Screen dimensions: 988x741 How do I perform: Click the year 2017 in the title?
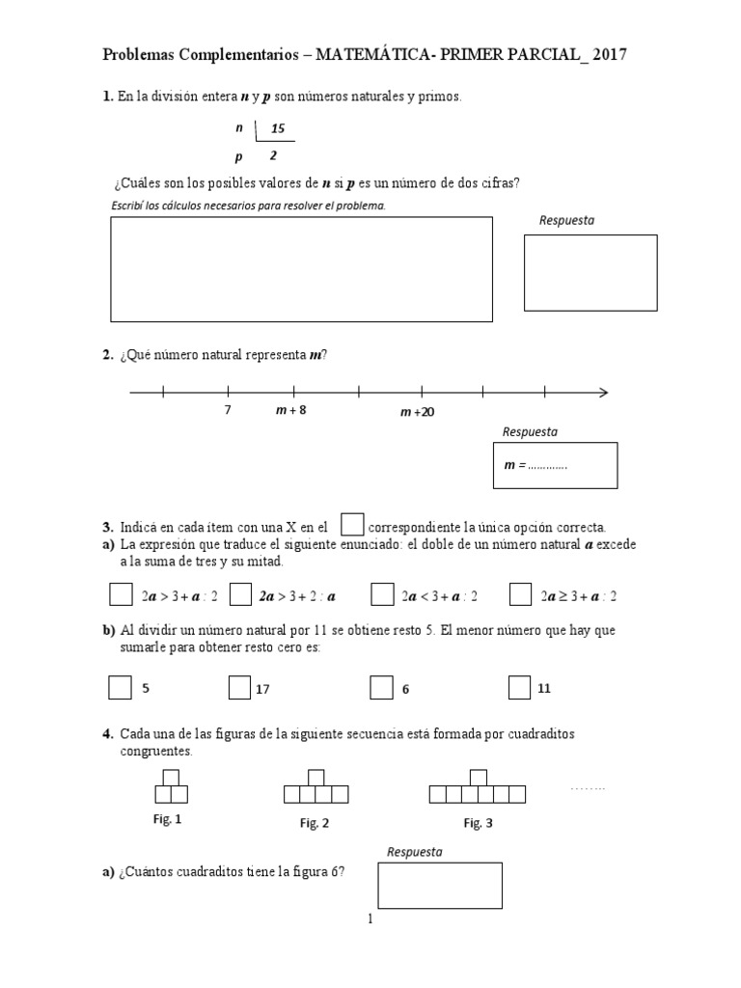[x=610, y=56]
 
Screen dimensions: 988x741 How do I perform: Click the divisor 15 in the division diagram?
[x=278, y=129]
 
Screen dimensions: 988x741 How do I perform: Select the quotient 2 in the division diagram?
[x=273, y=154]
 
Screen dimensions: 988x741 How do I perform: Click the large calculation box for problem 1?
[x=301, y=269]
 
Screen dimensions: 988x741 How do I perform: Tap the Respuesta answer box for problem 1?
[x=590, y=273]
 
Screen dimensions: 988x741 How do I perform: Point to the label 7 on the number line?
[x=228, y=410]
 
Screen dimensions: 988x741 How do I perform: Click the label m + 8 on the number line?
[x=291, y=410]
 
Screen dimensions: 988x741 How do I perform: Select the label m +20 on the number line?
[x=417, y=412]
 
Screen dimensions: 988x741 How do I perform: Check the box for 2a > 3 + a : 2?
[x=120, y=594]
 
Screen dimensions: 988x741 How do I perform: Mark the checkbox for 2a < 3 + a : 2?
[x=382, y=594]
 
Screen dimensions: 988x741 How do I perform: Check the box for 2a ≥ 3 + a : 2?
[x=520, y=594]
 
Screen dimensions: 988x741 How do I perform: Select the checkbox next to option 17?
[x=239, y=687]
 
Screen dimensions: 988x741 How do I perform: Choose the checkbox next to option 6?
[x=381, y=687]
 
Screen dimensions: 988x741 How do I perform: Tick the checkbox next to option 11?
[x=519, y=687]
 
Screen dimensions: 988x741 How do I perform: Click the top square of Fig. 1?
[x=171, y=778]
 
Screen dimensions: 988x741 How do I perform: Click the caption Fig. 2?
[x=315, y=823]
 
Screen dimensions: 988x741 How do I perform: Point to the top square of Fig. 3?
[x=477, y=778]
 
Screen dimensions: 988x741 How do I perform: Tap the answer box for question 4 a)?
[x=440, y=886]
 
